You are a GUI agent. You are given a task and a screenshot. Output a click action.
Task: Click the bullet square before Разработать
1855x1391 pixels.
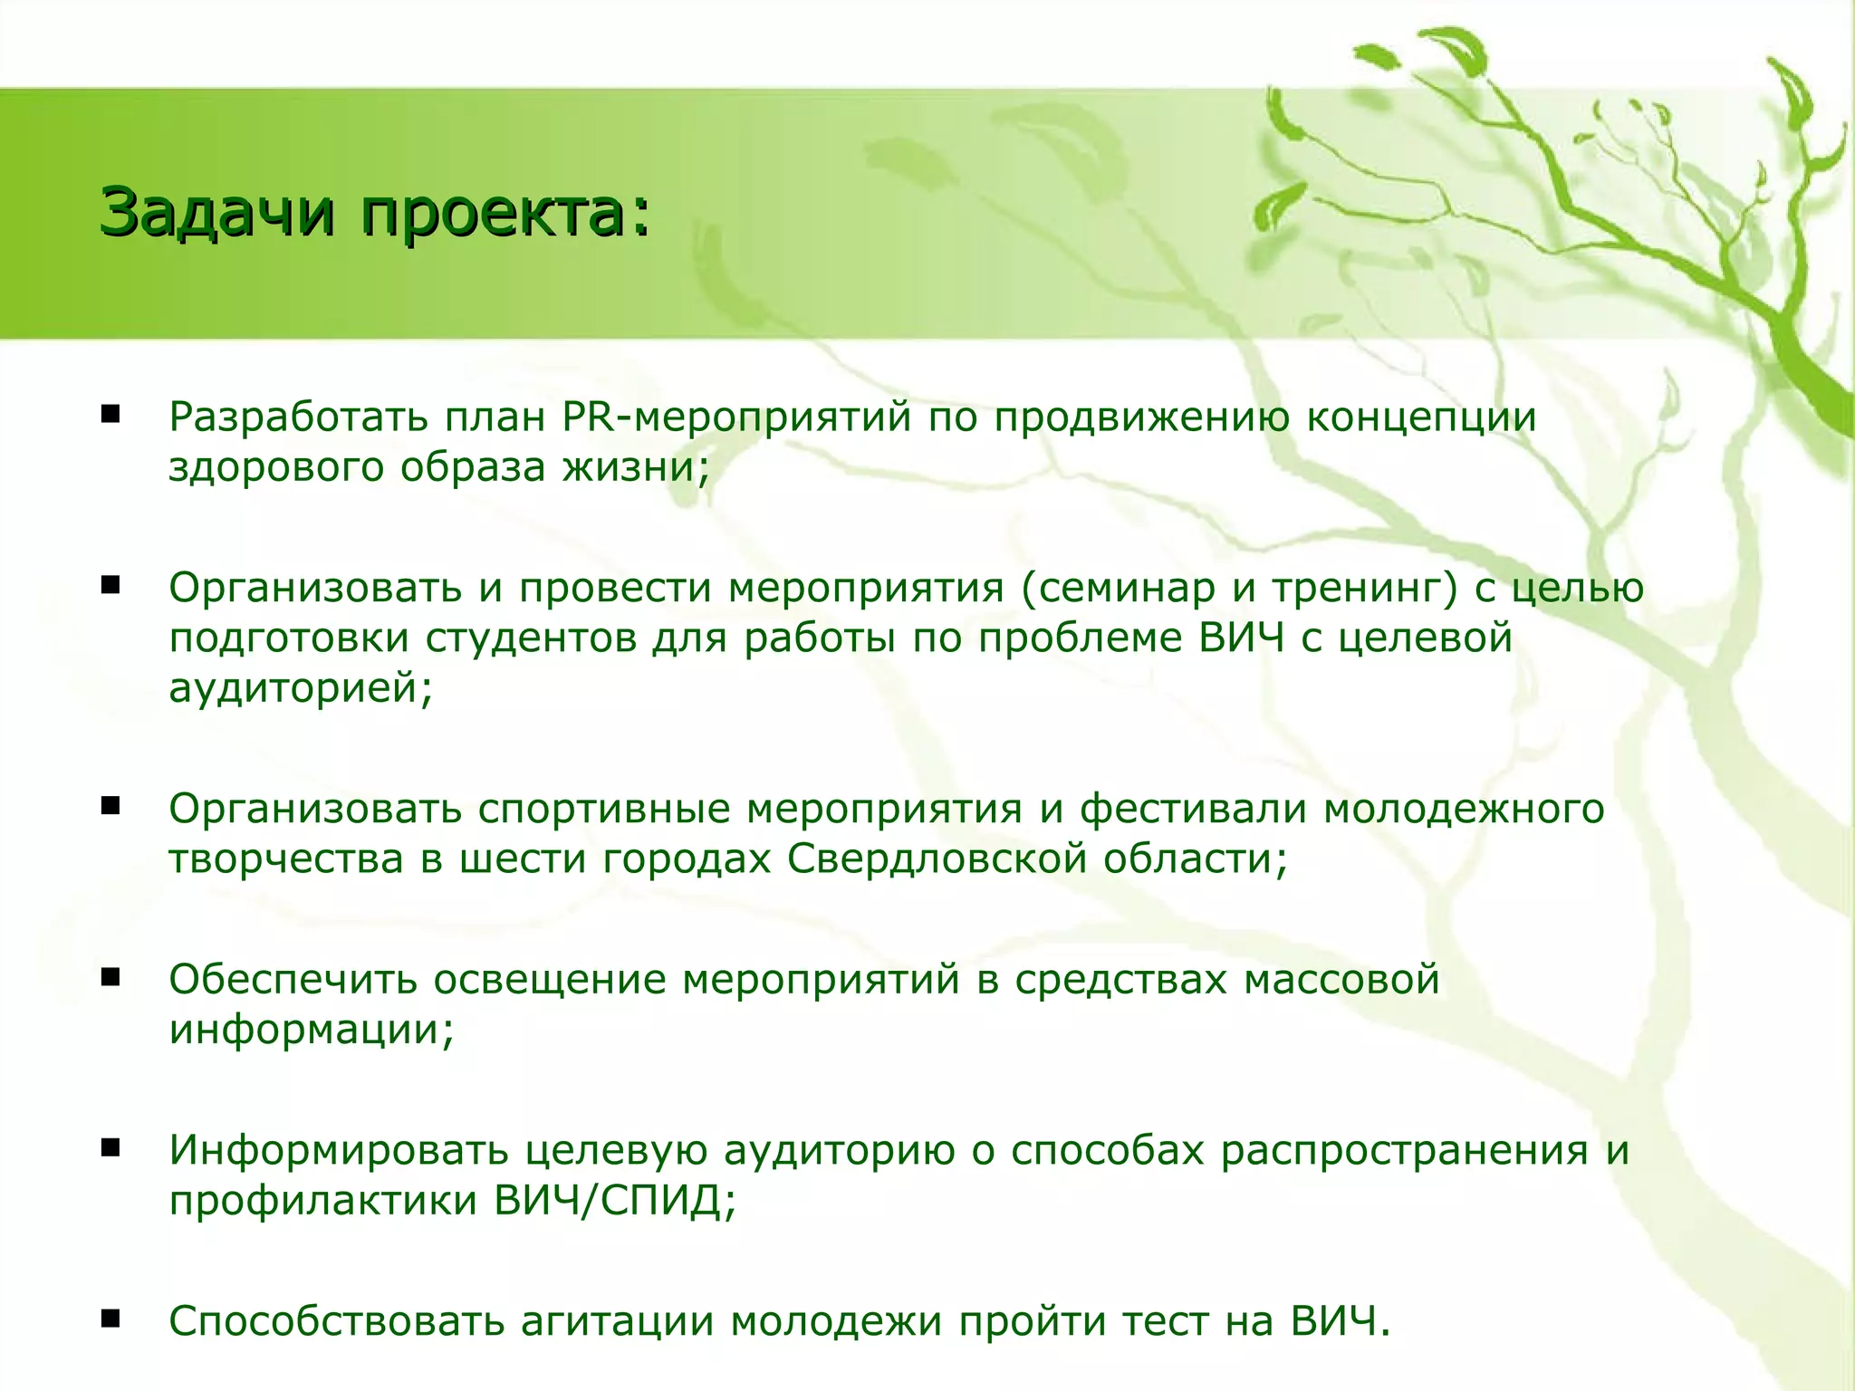(111, 416)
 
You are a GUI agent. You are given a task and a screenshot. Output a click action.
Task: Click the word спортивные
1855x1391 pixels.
(603, 809)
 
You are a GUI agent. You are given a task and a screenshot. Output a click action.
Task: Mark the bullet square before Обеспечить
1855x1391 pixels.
(111, 978)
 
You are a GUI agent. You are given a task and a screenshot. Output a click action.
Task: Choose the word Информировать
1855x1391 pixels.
(339, 1151)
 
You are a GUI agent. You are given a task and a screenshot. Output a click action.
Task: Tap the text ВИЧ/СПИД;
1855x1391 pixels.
(616, 1201)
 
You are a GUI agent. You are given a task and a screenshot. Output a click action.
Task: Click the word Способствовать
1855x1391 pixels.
(336, 1322)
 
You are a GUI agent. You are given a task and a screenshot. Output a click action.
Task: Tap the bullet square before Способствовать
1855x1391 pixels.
(111, 1320)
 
